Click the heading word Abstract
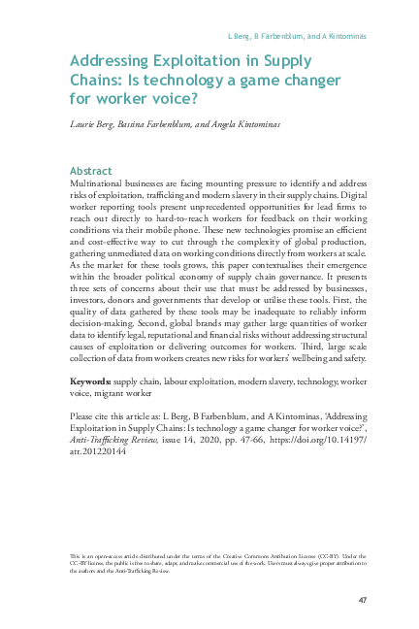[92, 170]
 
